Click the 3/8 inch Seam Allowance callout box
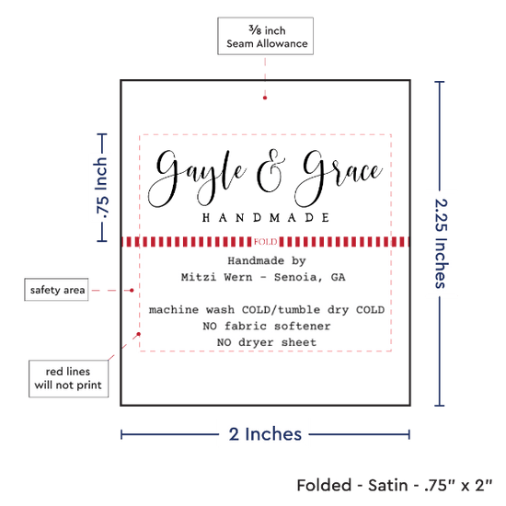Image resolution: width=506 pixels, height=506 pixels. point(265,36)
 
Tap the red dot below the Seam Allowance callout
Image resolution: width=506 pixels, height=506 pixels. point(265,98)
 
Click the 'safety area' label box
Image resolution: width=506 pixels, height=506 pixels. point(56,290)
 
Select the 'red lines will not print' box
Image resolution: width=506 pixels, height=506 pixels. point(68,378)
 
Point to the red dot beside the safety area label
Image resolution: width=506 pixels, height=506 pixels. point(132,291)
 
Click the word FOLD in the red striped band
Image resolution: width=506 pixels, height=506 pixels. point(265,242)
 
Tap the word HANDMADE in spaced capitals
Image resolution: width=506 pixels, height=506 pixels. point(266,218)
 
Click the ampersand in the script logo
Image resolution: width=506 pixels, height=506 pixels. point(270,171)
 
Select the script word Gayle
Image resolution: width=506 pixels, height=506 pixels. point(197,178)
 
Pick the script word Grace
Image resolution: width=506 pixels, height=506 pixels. point(339,178)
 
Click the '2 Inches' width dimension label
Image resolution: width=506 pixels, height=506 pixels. point(265,434)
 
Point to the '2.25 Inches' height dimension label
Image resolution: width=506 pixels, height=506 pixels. point(441,244)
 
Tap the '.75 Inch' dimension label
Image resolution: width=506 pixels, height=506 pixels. point(101,187)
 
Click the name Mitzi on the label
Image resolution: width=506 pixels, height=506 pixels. point(199,277)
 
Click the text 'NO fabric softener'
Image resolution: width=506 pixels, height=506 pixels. point(267,327)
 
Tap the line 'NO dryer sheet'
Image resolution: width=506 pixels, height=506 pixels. point(267,342)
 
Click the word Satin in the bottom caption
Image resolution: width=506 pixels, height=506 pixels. point(388,486)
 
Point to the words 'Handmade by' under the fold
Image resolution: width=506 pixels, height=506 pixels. point(267,261)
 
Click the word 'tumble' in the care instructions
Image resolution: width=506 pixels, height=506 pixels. point(299,310)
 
